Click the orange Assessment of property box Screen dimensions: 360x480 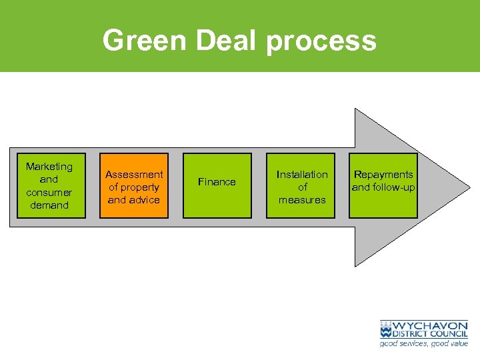point(134,186)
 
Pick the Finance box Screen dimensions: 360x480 point(217,186)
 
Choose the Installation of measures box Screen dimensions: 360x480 point(302,186)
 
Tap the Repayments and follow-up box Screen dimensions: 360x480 point(383,186)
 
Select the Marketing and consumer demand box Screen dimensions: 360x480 point(49,186)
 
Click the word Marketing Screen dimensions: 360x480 point(49,167)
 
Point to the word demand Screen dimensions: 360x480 point(49,205)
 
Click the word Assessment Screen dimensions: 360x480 point(134,175)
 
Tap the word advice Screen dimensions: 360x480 point(143,200)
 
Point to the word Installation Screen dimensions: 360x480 point(302,175)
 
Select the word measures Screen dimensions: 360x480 point(302,200)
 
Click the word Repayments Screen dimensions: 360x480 point(383,175)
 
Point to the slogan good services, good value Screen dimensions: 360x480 point(423,343)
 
